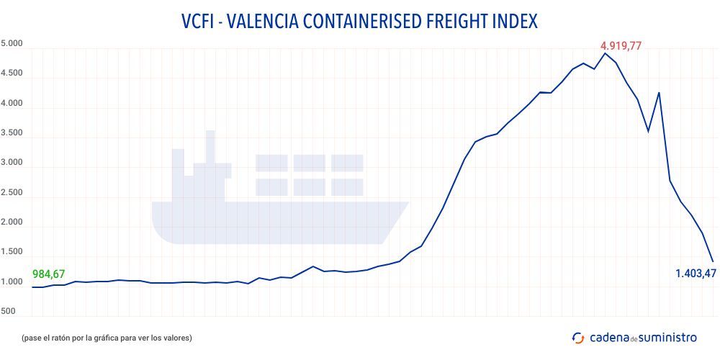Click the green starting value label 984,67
[49, 274]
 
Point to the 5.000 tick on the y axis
[12, 44]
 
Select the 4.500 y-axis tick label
[12, 73]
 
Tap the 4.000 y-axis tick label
[12, 104]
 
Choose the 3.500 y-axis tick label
[12, 133]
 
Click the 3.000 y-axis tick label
[12, 163]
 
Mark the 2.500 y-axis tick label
[12, 193]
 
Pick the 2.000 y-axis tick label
[12, 223]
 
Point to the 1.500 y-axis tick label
[12, 253]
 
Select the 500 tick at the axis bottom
[9, 312]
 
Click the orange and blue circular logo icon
[577, 337]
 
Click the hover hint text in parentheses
[107, 337]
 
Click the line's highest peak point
[605, 53]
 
